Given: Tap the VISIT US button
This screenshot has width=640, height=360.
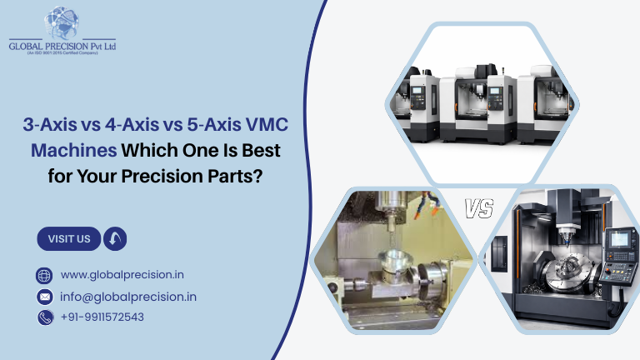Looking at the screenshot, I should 69,239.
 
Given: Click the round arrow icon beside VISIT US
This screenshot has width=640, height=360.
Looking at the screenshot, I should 115,239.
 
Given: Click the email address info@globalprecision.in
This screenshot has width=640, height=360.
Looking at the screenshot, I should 128,297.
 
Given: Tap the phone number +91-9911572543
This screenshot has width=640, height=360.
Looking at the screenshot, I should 102,317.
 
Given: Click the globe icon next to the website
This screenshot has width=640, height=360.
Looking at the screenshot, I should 45,276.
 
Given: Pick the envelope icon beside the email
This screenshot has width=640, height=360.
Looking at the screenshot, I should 45,297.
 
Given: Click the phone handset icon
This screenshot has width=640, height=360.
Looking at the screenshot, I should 45,317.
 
